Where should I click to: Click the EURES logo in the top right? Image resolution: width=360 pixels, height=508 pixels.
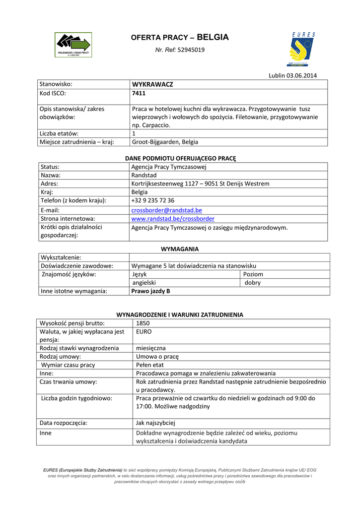coord(302,50)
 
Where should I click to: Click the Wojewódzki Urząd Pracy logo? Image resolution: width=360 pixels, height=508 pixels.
coord(73,45)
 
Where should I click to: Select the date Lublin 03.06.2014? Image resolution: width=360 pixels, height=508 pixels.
coord(292,75)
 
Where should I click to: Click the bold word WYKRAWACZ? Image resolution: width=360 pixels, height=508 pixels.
coord(152,84)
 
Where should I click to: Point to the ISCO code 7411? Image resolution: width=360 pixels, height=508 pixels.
coord(139,93)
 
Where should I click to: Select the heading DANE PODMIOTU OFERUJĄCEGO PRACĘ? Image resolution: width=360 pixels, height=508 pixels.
coord(180,158)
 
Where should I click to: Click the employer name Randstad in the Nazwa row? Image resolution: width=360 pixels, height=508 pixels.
coord(144,175)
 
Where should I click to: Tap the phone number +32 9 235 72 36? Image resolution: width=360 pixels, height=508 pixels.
coord(152,200)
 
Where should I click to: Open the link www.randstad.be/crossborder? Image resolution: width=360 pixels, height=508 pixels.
coord(173,218)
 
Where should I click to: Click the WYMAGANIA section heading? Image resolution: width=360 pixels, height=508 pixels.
coord(180,249)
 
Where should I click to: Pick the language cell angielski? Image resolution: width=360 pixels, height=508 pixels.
coord(144,283)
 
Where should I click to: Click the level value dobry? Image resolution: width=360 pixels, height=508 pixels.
coord(253,283)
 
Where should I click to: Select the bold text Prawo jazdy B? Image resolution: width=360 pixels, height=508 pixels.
coord(150,291)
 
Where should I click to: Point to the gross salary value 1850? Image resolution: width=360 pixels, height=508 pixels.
coord(143,323)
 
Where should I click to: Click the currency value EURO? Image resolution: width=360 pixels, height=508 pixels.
coord(144,331)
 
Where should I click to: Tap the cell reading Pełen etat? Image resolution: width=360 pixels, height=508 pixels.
coord(150,365)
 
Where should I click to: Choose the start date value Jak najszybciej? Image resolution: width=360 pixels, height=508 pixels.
coord(155,423)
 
